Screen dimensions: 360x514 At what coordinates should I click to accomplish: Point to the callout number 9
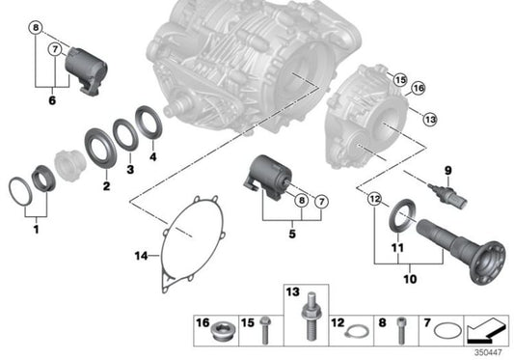coord(447,171)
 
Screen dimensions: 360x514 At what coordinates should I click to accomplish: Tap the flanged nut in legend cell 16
coord(221,325)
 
